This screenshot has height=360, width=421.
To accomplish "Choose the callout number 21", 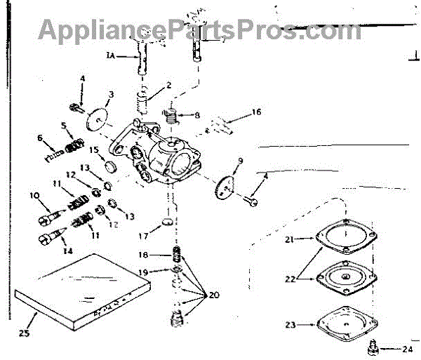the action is [x=289, y=239].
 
